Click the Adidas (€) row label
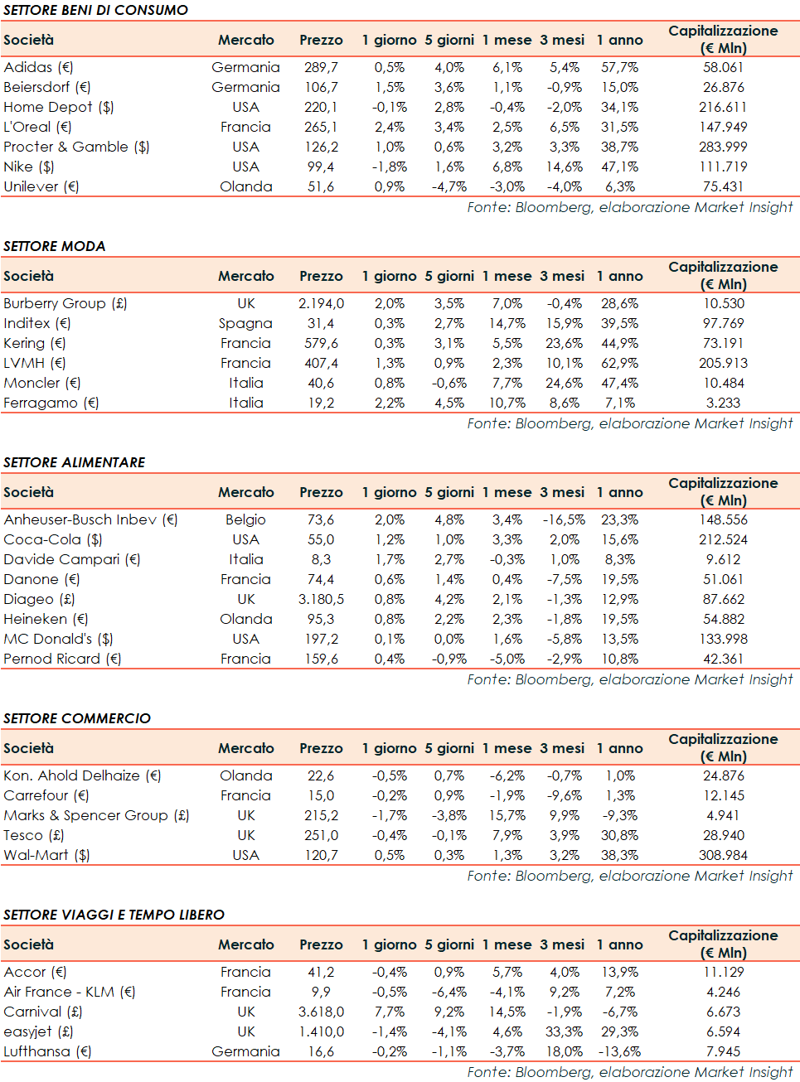tap(38, 67)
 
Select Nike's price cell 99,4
tap(321, 167)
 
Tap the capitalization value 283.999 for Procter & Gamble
tap(723, 147)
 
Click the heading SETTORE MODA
tap(55, 246)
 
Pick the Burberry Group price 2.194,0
tap(321, 303)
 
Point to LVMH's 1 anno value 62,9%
tap(619, 363)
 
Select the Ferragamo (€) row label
tap(51, 403)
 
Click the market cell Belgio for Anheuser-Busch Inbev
tap(245, 519)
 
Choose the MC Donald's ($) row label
tap(58, 639)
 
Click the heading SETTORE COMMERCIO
tap(77, 718)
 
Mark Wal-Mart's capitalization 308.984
tap(723, 855)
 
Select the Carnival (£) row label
tap(43, 1012)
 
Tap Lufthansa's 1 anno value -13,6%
tap(619, 1051)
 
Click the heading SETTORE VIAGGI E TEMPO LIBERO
tap(114, 915)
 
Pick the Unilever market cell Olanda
tap(245, 186)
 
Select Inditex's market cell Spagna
tap(245, 323)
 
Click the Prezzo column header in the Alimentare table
tap(321, 492)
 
